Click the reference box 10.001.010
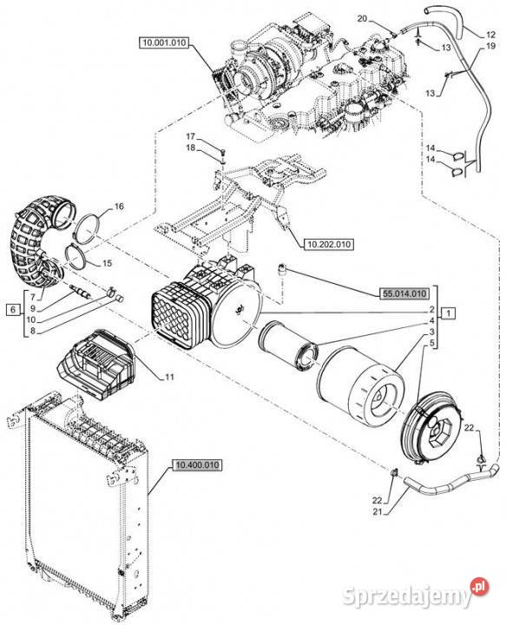point(164,43)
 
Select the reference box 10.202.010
point(328,244)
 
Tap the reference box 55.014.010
point(404,293)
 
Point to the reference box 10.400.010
point(197,464)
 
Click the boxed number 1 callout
point(448,313)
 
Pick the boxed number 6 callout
point(13,310)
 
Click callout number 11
point(170,377)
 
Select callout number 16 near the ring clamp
point(119,207)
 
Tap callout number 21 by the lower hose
point(377,512)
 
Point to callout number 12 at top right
point(490,35)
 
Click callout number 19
point(491,46)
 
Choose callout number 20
point(362,18)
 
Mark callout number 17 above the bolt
point(191,137)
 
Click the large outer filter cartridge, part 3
point(361,388)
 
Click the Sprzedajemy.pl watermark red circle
point(479,587)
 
